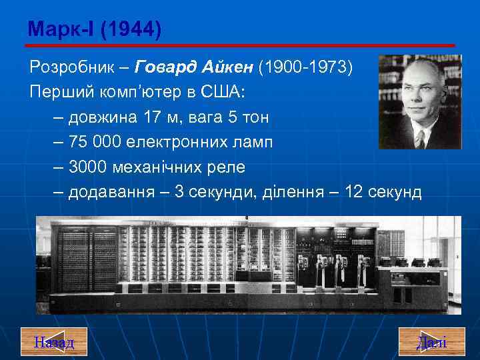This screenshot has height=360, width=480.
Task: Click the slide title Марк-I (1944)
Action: [x=94, y=29]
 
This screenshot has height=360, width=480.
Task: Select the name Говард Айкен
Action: [x=195, y=68]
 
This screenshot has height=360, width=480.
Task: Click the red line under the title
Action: [x=240, y=45]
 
